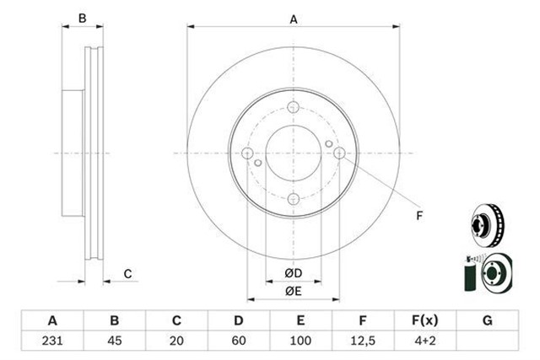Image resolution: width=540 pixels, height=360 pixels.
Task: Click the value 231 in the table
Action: click(x=52, y=341)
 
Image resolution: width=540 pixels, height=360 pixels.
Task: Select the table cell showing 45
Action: click(x=115, y=341)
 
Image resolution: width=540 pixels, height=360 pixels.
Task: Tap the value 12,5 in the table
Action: click(x=363, y=341)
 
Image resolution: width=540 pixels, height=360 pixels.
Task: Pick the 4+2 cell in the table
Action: click(x=425, y=341)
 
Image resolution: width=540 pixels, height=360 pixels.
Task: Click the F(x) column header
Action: click(x=425, y=320)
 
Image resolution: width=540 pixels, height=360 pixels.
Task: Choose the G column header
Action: click(x=488, y=320)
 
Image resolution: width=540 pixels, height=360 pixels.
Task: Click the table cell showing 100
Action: click(x=300, y=341)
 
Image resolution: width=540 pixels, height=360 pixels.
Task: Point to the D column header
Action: click(x=239, y=320)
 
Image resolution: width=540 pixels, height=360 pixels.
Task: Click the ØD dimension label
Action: click(x=294, y=273)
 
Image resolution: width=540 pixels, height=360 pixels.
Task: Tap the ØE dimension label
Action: click(x=294, y=291)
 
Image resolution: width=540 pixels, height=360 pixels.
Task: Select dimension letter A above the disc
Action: click(x=294, y=19)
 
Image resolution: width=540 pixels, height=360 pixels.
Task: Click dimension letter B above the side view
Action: click(x=83, y=19)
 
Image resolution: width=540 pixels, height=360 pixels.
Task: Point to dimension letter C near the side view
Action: click(x=127, y=274)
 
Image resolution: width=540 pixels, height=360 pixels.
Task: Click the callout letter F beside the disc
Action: click(x=419, y=216)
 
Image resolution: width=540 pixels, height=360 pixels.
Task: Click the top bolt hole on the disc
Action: click(x=293, y=107)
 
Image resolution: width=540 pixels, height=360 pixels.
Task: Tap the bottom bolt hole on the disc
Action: click(x=293, y=199)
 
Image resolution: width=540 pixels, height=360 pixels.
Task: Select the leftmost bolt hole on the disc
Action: click(x=247, y=153)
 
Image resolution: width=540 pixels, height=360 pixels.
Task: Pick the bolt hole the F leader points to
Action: click(x=339, y=153)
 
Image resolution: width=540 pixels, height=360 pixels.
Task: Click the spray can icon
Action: click(x=470, y=274)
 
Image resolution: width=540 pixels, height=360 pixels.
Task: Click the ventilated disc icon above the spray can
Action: click(x=488, y=225)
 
